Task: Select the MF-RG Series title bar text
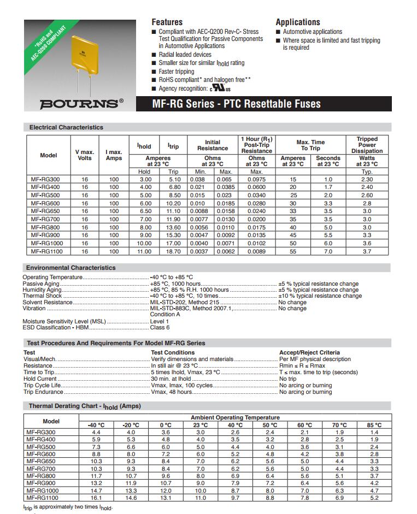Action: tap(236, 104)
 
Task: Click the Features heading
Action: tap(167, 22)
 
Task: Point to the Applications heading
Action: tap(298, 22)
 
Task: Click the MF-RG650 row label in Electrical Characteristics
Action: tap(46, 210)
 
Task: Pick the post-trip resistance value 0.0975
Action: tap(256, 179)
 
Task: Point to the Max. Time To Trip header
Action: tap(310, 145)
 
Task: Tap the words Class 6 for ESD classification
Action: tap(160, 327)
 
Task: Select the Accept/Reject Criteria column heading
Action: tap(309, 352)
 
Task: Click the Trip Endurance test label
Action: tap(43, 392)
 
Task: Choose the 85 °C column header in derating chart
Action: tap(374, 424)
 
